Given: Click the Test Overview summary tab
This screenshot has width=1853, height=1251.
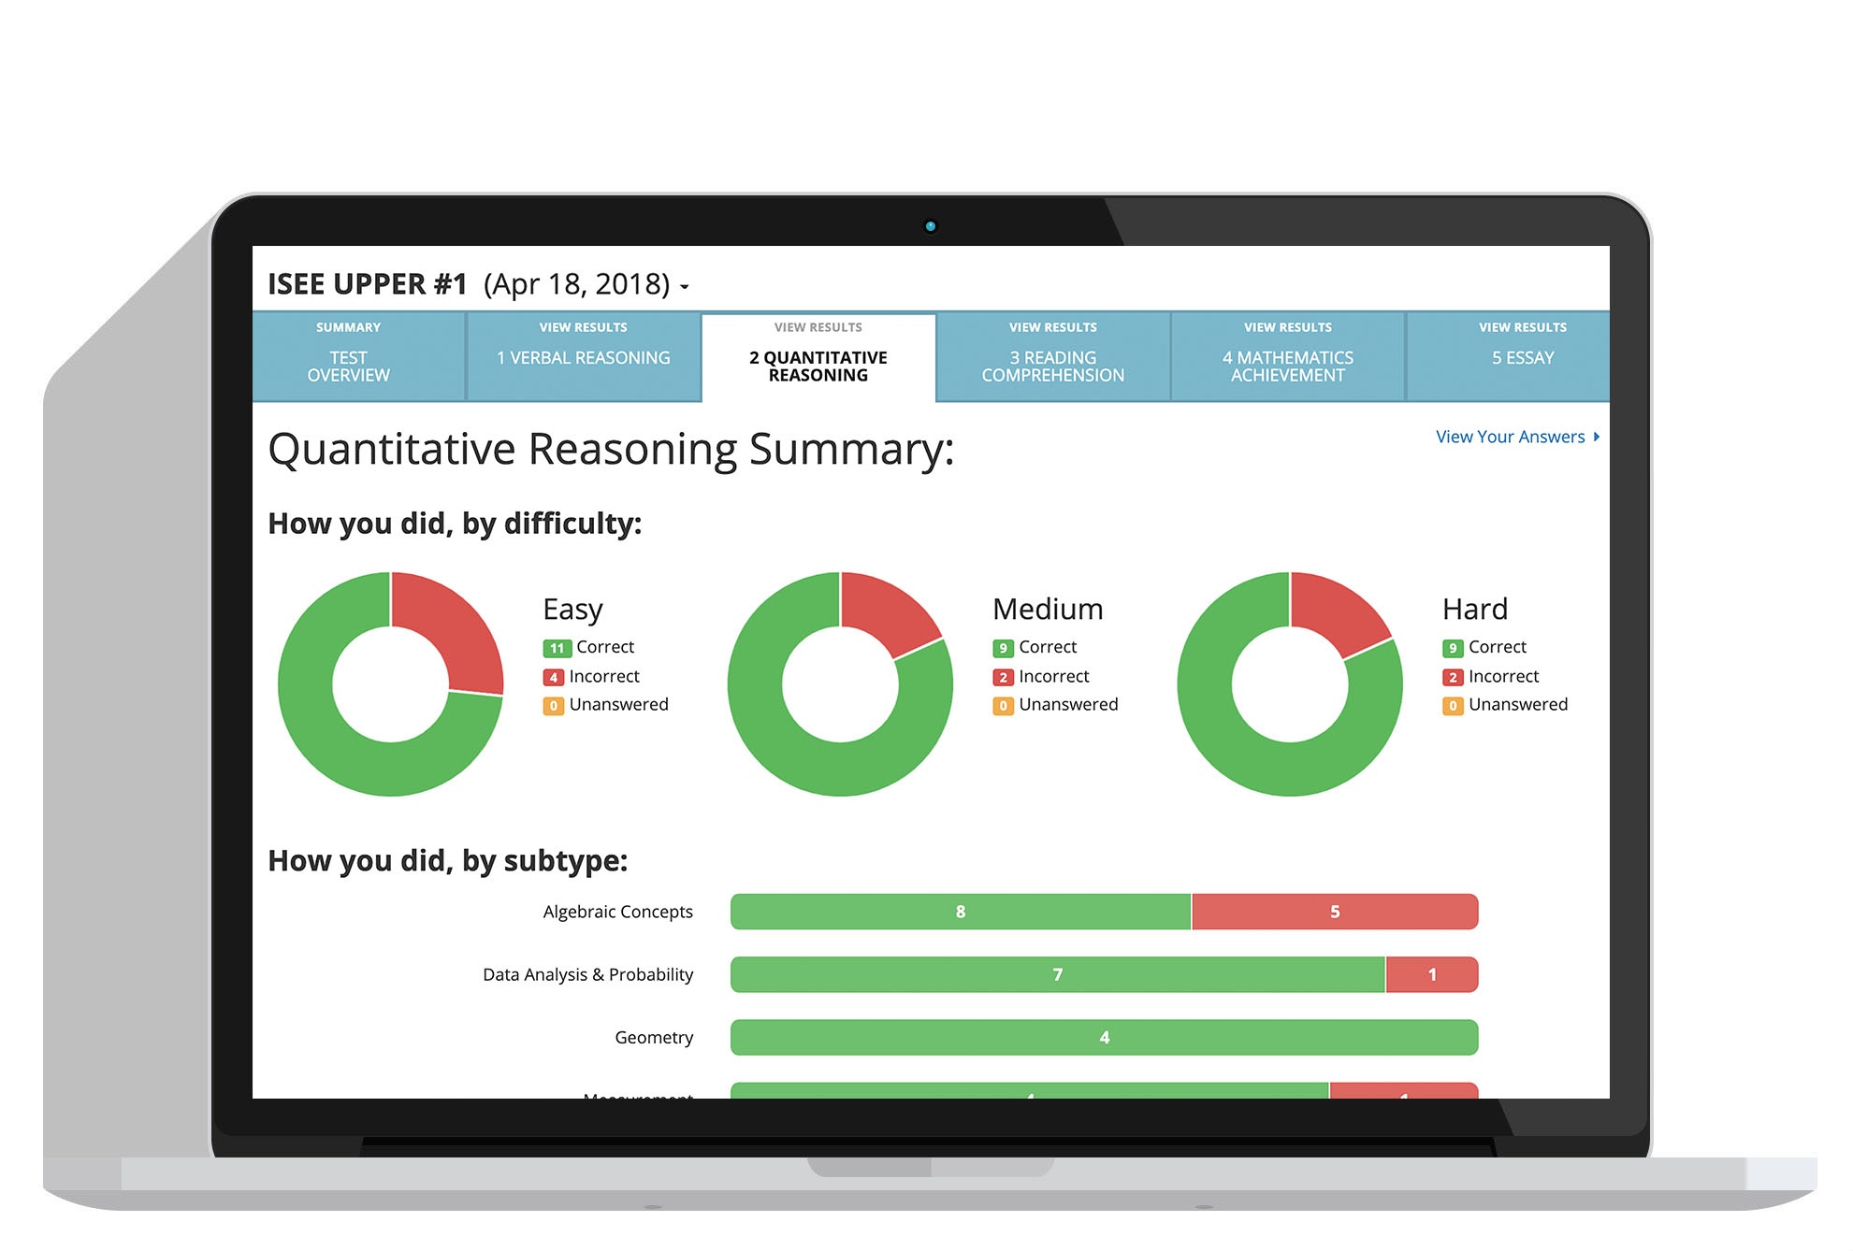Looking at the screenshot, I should click(x=348, y=357).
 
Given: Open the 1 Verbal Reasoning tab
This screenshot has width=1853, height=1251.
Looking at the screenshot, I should click(x=583, y=357).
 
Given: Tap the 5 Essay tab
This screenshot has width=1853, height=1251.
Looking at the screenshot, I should click(x=1522, y=357).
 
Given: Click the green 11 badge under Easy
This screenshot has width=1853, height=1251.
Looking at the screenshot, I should click(x=557, y=648).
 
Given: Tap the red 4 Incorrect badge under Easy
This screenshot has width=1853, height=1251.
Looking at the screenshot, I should click(x=554, y=677).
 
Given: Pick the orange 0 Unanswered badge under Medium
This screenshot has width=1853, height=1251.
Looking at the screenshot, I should click(x=1003, y=706).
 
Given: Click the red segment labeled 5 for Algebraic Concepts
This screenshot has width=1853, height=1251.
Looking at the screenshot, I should click(x=1334, y=912).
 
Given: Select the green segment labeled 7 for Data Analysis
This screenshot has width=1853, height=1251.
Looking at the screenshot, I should click(x=1057, y=974).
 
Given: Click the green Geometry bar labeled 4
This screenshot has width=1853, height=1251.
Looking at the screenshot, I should click(x=1104, y=1037).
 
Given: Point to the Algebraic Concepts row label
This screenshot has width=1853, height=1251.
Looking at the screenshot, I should click(x=617, y=912).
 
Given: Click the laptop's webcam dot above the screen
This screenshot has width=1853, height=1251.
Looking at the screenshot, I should click(x=930, y=226).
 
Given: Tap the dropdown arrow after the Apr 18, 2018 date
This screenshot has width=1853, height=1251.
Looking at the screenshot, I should click(x=685, y=287).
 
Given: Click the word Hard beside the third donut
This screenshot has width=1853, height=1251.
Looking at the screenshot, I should click(x=1474, y=609).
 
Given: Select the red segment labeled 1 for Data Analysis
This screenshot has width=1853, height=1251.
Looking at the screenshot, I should click(x=1431, y=974).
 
